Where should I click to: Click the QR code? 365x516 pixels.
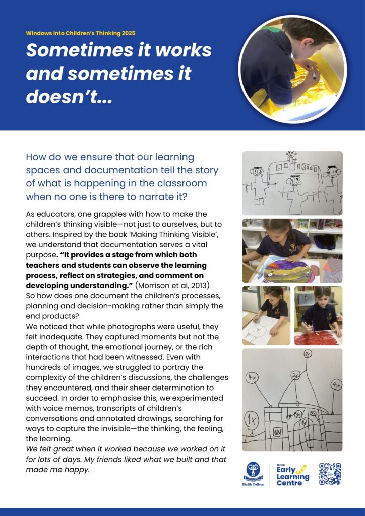[x=330, y=474]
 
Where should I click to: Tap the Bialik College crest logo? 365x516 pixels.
[x=253, y=471]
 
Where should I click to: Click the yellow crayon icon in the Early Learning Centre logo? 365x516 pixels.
[x=301, y=469]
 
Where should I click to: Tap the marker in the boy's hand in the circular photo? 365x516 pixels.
[x=313, y=75]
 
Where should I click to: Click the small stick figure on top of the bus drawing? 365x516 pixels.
[x=291, y=156]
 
